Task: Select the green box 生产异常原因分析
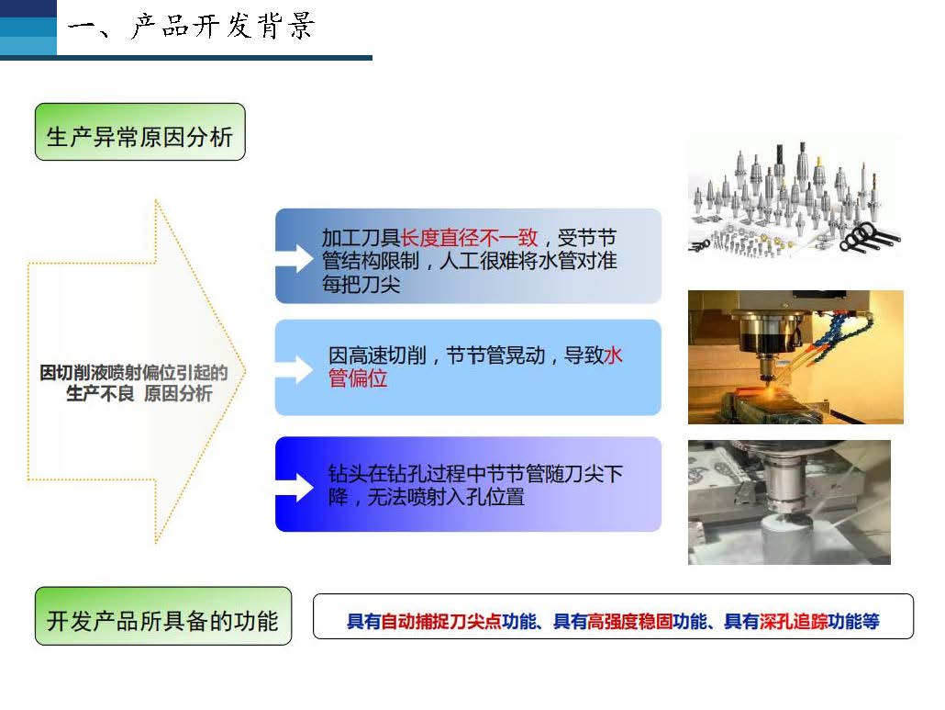[x=139, y=132]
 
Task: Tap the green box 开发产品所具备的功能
[x=163, y=616]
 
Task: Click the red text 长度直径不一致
[x=469, y=238]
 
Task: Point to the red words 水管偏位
[x=475, y=366]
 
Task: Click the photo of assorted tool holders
[x=795, y=196]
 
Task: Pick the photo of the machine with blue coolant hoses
[x=795, y=357]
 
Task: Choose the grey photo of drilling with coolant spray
[x=789, y=502]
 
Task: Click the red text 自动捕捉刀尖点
[x=441, y=621]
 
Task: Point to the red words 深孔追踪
[x=793, y=621]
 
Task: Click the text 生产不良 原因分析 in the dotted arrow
[x=139, y=393]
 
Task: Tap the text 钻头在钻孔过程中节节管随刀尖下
[x=475, y=474]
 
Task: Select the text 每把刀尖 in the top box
[x=361, y=284]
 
